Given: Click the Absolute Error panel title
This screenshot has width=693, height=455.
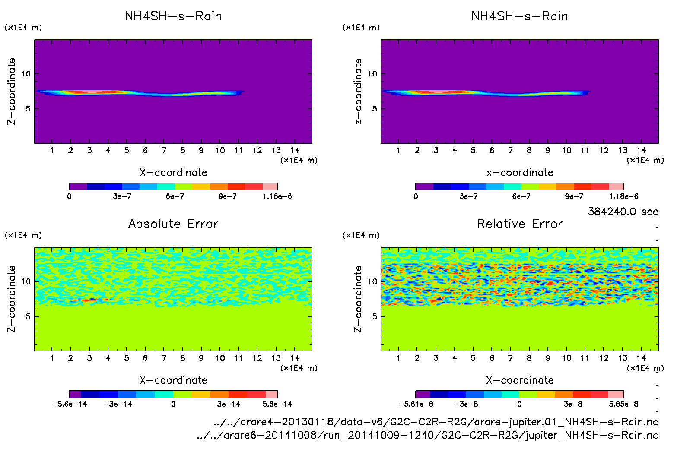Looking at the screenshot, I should click(173, 224).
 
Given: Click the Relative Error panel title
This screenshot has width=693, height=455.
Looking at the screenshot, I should click(520, 224).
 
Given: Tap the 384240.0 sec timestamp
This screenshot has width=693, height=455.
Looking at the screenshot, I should click(623, 212).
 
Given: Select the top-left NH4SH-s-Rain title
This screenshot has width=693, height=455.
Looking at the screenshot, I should click(173, 16).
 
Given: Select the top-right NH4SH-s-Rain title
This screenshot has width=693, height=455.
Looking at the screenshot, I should click(520, 16).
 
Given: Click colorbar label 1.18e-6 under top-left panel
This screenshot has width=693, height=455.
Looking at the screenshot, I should click(277, 196).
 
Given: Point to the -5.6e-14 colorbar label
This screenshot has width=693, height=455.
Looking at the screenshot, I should click(69, 404).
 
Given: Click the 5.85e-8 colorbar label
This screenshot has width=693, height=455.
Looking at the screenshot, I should click(623, 404).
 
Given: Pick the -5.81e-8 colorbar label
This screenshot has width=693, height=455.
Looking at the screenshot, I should click(416, 404).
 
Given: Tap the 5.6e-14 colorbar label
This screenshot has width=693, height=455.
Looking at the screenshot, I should click(277, 404).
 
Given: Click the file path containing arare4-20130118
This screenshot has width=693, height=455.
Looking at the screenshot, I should click(436, 422).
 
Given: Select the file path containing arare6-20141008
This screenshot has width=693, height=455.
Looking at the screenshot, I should click(427, 435).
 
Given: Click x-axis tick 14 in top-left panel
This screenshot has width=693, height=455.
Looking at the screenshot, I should click(295, 150).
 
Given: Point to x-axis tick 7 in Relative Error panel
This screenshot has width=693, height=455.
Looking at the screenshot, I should click(510, 358).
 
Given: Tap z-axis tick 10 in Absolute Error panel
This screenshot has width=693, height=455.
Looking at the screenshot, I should click(26, 282).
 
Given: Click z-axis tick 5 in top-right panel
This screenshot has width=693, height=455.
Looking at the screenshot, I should click(375, 109).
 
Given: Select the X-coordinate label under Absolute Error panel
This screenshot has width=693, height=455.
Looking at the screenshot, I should click(173, 380).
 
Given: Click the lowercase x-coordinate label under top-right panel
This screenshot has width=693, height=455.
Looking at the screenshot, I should click(520, 173).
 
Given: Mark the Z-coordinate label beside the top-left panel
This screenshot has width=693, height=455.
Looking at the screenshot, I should click(11, 92).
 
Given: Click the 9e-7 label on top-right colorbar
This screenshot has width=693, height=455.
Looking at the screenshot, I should click(574, 196).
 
